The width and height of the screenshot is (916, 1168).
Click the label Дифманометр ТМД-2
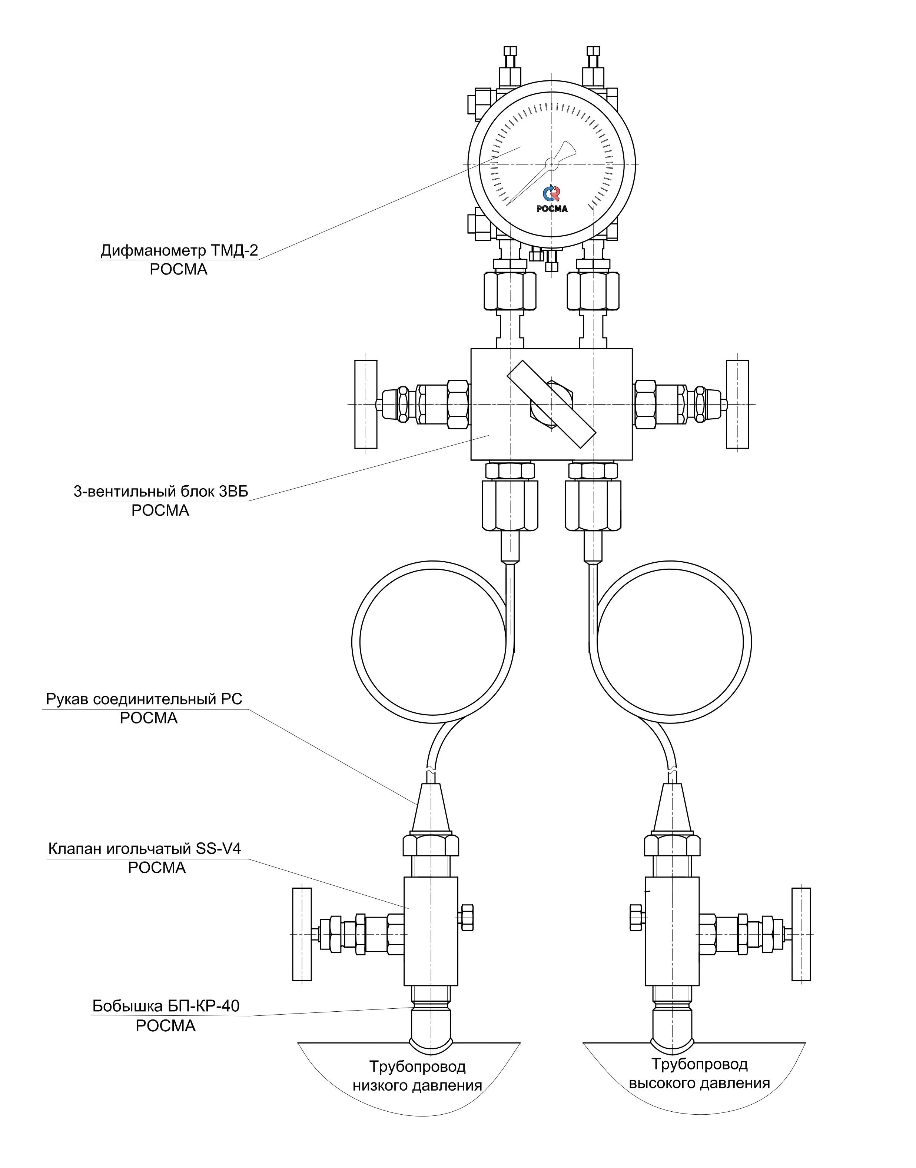(x=179, y=251)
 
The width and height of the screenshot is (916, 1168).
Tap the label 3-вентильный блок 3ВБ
(x=161, y=492)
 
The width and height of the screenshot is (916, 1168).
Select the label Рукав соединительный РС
(x=144, y=699)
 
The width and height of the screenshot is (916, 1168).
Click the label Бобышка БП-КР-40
(x=166, y=1006)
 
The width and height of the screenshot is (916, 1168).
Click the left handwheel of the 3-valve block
(x=366, y=404)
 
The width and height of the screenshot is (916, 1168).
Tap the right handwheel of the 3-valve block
(x=737, y=404)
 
